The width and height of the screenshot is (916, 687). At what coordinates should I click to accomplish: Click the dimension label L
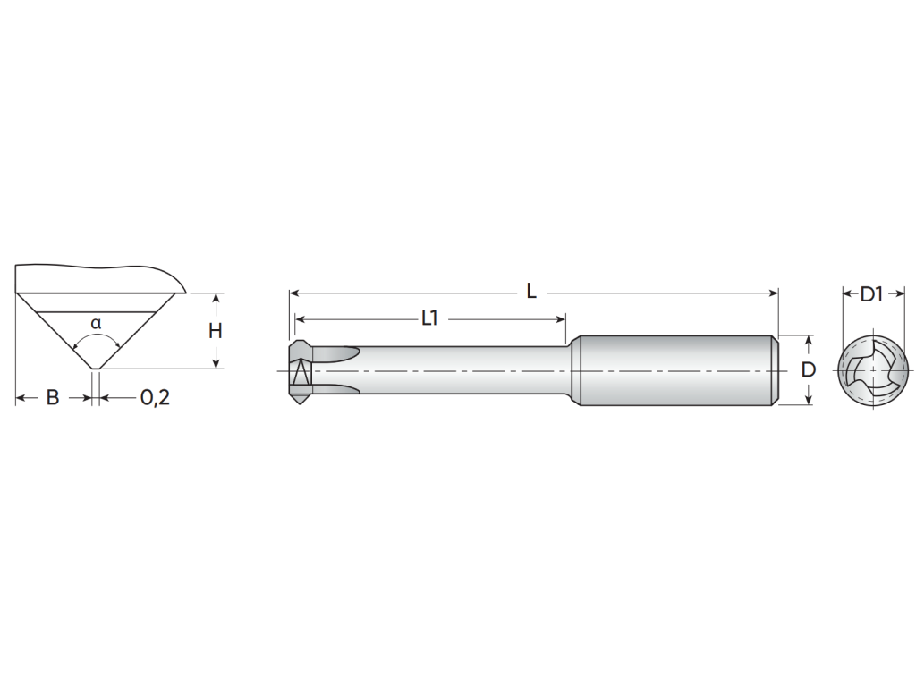click(x=531, y=291)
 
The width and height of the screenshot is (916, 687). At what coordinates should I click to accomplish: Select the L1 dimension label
click(x=429, y=318)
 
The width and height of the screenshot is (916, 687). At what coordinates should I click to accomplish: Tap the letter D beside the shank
click(x=808, y=369)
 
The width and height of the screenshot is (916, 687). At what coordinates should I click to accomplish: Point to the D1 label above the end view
click(x=871, y=294)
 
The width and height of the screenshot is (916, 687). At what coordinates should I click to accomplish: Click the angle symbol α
click(x=96, y=322)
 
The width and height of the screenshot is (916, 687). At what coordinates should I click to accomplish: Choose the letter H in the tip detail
click(x=216, y=331)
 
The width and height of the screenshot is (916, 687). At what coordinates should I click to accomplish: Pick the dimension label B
click(x=53, y=398)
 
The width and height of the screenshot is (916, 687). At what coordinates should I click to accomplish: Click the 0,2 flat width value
click(x=155, y=398)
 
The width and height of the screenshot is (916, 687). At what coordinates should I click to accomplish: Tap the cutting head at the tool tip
click(x=301, y=371)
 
